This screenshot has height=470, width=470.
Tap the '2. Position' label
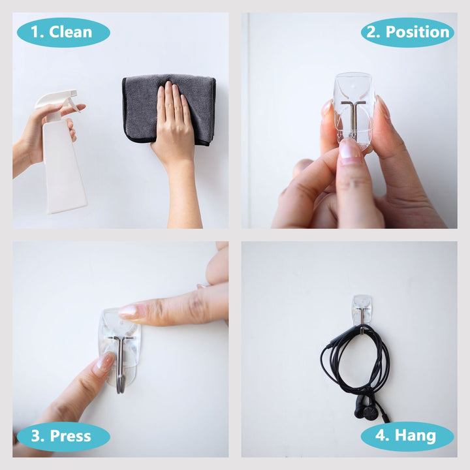(x=407, y=33)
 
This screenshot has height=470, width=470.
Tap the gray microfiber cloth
(x=168, y=110)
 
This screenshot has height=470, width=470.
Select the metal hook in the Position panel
(x=353, y=117)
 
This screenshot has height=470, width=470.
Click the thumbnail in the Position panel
(x=350, y=149)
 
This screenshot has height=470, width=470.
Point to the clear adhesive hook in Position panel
(x=353, y=112)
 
